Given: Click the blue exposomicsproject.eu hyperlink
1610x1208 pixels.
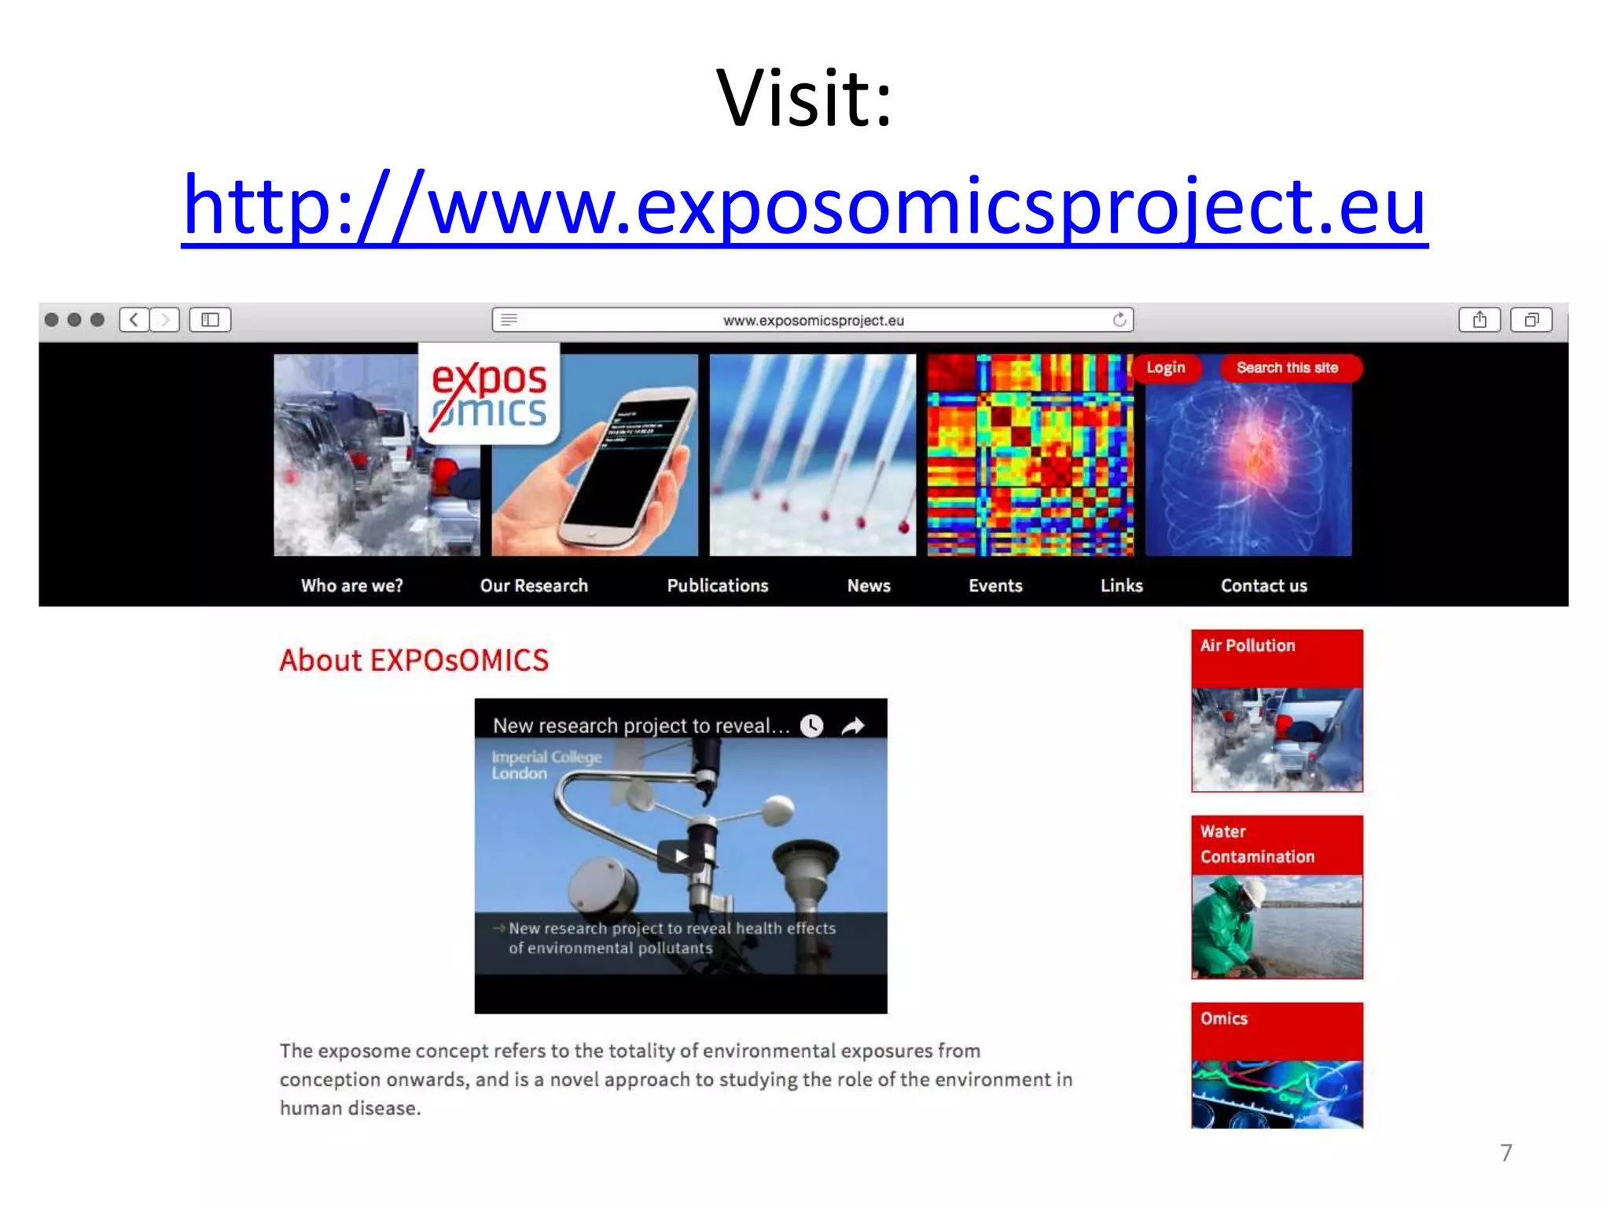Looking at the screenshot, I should point(804,206).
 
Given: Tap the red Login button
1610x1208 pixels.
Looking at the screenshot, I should point(1165,368).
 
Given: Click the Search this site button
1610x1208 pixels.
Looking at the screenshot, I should point(1287,368).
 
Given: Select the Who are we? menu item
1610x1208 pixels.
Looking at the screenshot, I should point(351,586).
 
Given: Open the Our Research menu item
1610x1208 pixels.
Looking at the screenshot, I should point(534,586).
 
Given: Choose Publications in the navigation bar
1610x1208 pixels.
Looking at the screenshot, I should point(717,586).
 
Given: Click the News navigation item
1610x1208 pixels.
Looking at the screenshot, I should point(869,586).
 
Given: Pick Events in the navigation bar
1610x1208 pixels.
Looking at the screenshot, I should point(995,586).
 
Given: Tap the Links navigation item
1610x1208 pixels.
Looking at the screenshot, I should point(1121,586).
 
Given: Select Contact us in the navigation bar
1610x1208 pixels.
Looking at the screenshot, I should point(1263,586).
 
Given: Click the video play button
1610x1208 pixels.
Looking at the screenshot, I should point(680,856).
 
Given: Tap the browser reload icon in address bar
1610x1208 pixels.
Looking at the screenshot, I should point(1119,319).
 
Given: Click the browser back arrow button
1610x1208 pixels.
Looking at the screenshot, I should point(134,319).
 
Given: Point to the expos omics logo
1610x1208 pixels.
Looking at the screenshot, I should point(489,395).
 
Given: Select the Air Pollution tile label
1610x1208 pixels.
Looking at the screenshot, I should point(1248,646).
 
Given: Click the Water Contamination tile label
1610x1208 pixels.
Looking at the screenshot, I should point(1256,844).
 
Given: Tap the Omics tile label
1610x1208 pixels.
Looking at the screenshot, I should point(1224,1018).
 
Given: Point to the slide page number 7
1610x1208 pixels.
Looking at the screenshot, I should point(1505,1153).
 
